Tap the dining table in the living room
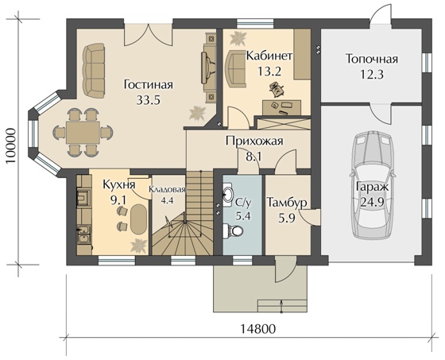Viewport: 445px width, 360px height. (83, 132)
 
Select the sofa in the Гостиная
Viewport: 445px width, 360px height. (95, 70)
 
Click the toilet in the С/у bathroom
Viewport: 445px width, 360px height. (233, 230)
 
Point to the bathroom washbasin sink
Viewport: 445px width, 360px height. (228, 195)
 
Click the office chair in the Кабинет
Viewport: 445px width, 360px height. (277, 88)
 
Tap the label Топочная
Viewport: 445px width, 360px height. (372, 59)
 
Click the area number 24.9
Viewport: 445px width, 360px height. (372, 202)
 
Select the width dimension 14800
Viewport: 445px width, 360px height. (257, 329)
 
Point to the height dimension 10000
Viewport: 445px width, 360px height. (10, 145)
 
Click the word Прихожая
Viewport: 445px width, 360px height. (254, 141)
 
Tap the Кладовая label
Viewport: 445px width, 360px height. (167, 189)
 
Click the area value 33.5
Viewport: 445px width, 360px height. (148, 99)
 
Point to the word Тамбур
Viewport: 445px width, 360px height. (287, 203)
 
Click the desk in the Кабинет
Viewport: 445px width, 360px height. (281, 107)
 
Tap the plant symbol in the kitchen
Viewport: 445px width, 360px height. (138, 246)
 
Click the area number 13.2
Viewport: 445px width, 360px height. (269, 71)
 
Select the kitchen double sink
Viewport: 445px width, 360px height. (84, 234)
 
